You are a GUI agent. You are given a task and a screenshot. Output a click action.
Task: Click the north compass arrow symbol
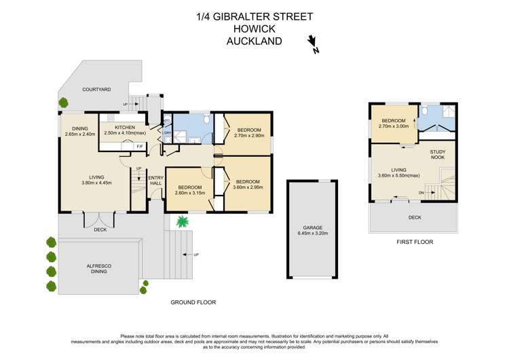click(313, 44)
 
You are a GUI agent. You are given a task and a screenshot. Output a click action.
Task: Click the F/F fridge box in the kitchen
click(140, 146)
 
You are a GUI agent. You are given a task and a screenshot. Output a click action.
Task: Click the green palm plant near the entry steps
click(181, 221)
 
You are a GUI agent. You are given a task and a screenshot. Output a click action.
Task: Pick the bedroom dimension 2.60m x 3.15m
click(189, 193)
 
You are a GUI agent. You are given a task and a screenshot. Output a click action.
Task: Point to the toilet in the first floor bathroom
click(424, 111)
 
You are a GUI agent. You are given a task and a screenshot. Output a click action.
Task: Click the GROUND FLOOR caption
click(193, 302)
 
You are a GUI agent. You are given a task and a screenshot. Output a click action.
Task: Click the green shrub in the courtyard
click(63, 103)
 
